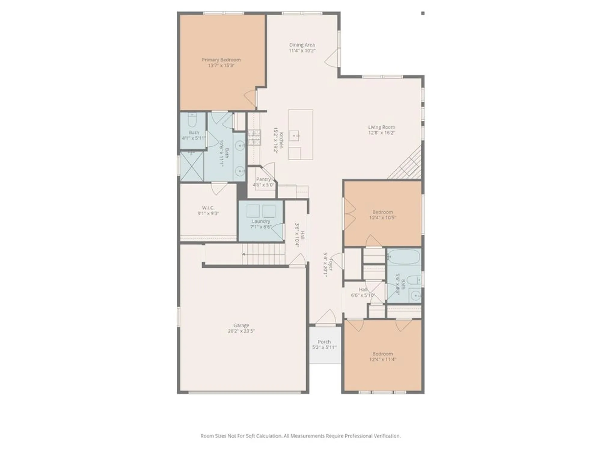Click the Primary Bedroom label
pyautogui.click(x=221, y=60)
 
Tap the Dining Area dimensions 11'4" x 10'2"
pyautogui.click(x=302, y=51)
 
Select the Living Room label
pyautogui.click(x=382, y=127)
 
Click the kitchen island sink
pyautogui.click(x=294, y=136)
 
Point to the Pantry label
pyautogui.click(x=263, y=179)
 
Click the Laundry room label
pyautogui.click(x=261, y=221)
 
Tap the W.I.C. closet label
pyautogui.click(x=208, y=208)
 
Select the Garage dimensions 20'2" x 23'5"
pyautogui.click(x=241, y=331)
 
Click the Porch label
pyautogui.click(x=324, y=342)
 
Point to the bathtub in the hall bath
pyautogui.click(x=404, y=256)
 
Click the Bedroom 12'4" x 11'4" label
pyautogui.click(x=383, y=354)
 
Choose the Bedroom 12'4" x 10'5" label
pyautogui.click(x=383, y=212)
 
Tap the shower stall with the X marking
pyautogui.click(x=192, y=167)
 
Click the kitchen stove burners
pyautogui.click(x=254, y=137)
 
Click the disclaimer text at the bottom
pyautogui.click(x=300, y=436)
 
